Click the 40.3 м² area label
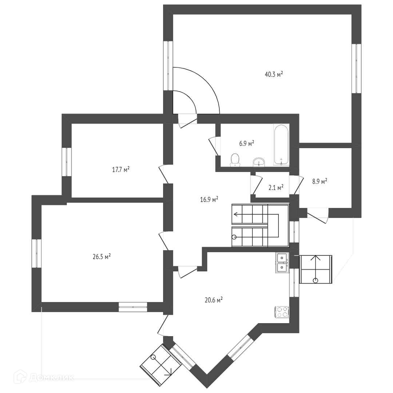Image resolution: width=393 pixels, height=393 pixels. click(x=274, y=75)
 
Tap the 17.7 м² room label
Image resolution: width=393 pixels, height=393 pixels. click(x=121, y=169)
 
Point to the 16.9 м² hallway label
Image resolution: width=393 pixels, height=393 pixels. click(x=209, y=199)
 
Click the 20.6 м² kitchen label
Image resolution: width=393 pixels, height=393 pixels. click(x=214, y=300)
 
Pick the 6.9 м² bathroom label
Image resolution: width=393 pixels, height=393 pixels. click(x=246, y=143)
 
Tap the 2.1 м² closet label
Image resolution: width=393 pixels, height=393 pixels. click(x=275, y=188)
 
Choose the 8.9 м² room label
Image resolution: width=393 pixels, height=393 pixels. click(x=319, y=181)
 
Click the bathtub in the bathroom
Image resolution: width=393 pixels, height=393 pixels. click(x=281, y=145)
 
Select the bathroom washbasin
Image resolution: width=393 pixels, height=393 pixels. click(x=259, y=162)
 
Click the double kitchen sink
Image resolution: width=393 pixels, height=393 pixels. click(x=282, y=263)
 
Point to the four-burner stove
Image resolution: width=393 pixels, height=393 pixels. click(x=282, y=312)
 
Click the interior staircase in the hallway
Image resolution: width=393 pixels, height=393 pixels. click(x=260, y=225)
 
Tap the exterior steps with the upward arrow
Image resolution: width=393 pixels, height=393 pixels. click(x=315, y=269)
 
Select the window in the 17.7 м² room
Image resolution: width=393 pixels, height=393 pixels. click(x=67, y=162)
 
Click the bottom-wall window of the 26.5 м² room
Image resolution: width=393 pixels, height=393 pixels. click(x=133, y=307)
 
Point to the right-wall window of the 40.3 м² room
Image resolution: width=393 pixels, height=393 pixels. click(x=356, y=68)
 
